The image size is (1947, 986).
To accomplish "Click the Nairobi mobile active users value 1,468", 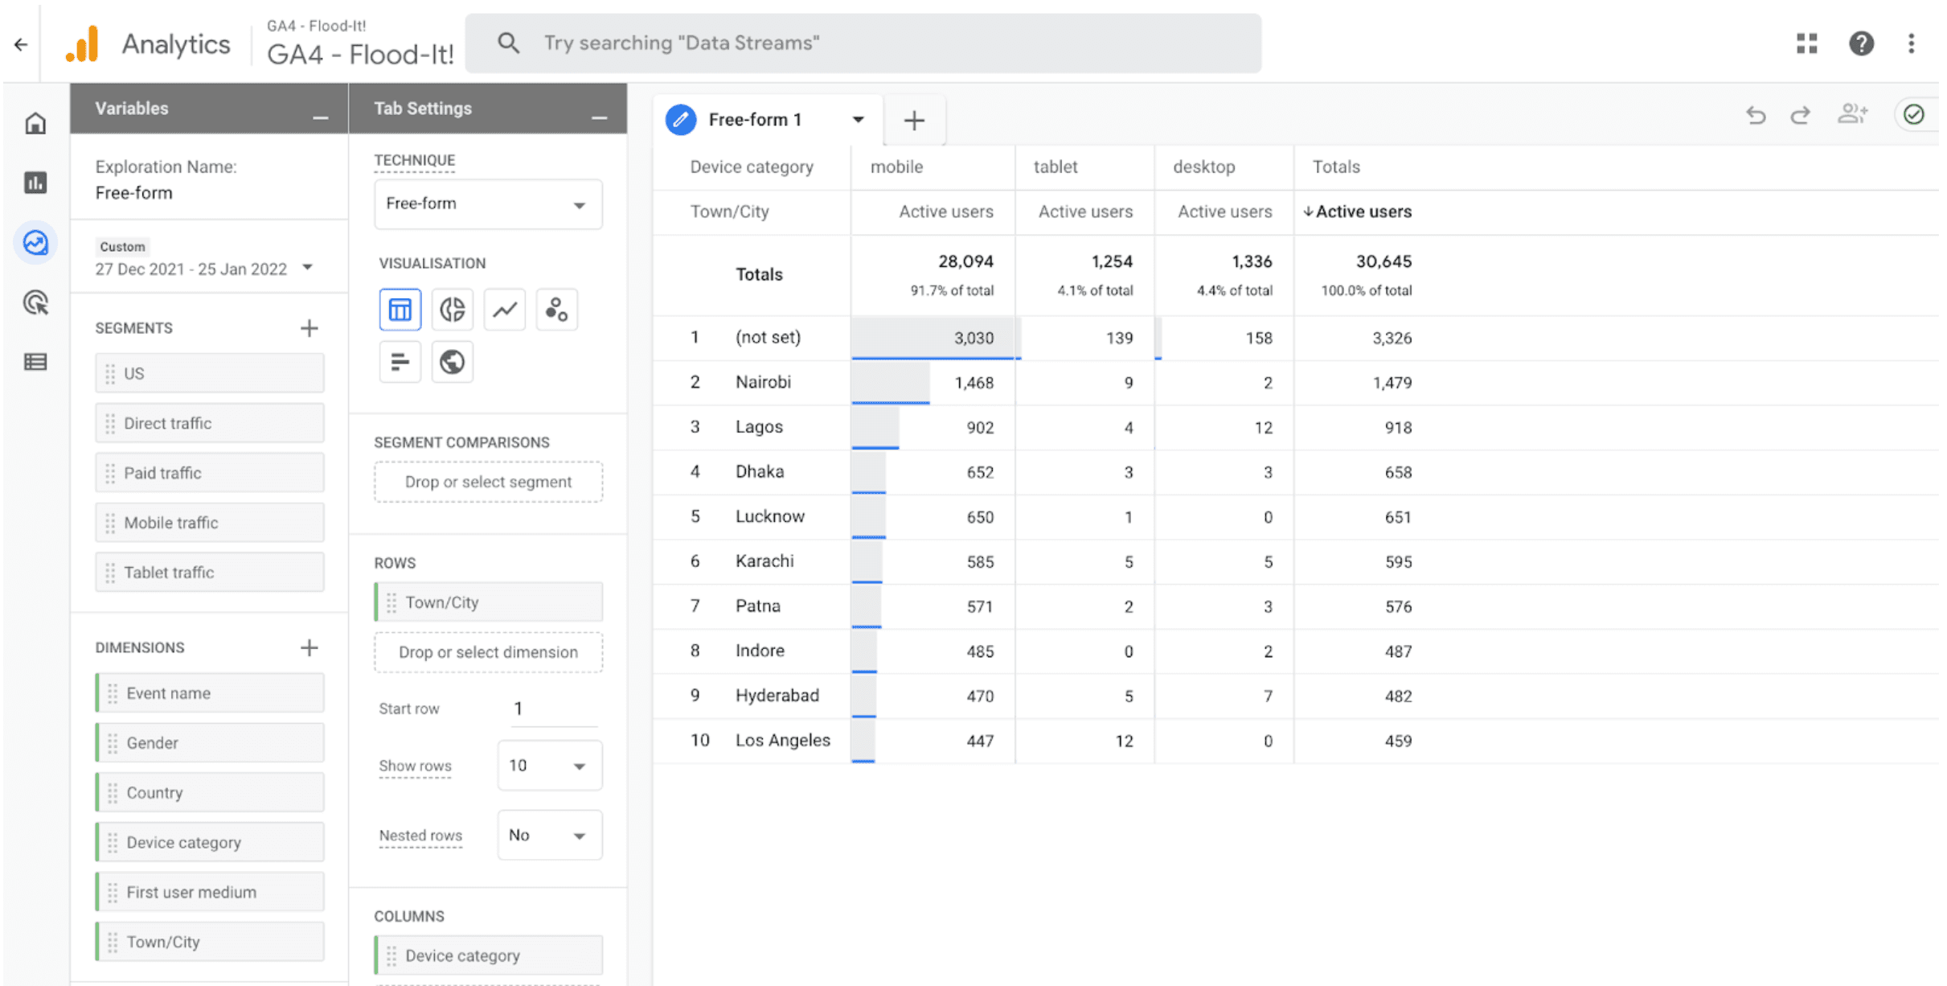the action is tap(974, 383).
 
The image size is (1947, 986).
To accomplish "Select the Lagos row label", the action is tap(759, 427).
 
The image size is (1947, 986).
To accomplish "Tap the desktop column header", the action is tap(1203, 167).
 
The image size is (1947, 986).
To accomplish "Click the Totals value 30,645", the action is tap(1383, 261).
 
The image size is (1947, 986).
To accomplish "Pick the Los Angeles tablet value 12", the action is tap(1124, 741).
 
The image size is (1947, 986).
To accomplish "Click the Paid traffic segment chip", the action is tap(210, 473).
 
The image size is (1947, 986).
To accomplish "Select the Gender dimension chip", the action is tap(210, 743).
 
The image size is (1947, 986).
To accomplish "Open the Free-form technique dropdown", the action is tap(488, 204).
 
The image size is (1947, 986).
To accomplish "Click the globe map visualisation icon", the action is tap(452, 362).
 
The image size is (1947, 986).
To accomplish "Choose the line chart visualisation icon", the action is tap(505, 310).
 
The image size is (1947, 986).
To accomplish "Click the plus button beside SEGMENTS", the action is tap(309, 328).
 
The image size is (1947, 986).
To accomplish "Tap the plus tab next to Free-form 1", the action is tap(914, 121).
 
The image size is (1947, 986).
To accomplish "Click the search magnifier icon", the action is tap(508, 43).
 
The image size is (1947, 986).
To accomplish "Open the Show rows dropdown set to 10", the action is tap(549, 766).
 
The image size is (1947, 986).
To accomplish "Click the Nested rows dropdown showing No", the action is tap(549, 836).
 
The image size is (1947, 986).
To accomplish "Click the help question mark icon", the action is tap(1861, 43).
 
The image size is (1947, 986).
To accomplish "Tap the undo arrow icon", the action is tap(1756, 115).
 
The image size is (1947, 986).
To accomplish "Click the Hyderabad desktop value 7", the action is tap(1268, 696).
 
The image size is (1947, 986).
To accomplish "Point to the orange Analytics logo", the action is tap(82, 43).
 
